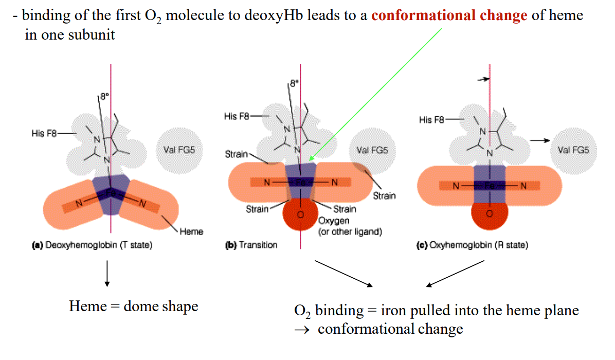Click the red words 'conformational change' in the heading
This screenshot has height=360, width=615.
(449, 15)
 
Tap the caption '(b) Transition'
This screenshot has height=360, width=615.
(251, 245)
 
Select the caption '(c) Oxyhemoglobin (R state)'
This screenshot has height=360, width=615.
(472, 245)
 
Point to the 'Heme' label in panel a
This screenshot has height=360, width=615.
(191, 231)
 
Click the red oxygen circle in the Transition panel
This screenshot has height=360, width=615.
(301, 215)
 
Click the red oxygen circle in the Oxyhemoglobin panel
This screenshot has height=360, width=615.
(490, 215)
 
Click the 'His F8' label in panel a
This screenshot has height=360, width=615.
(45, 133)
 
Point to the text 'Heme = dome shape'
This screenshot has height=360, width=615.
(134, 307)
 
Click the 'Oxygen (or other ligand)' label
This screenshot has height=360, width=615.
(350, 226)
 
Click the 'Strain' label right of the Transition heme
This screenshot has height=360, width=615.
(384, 195)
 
